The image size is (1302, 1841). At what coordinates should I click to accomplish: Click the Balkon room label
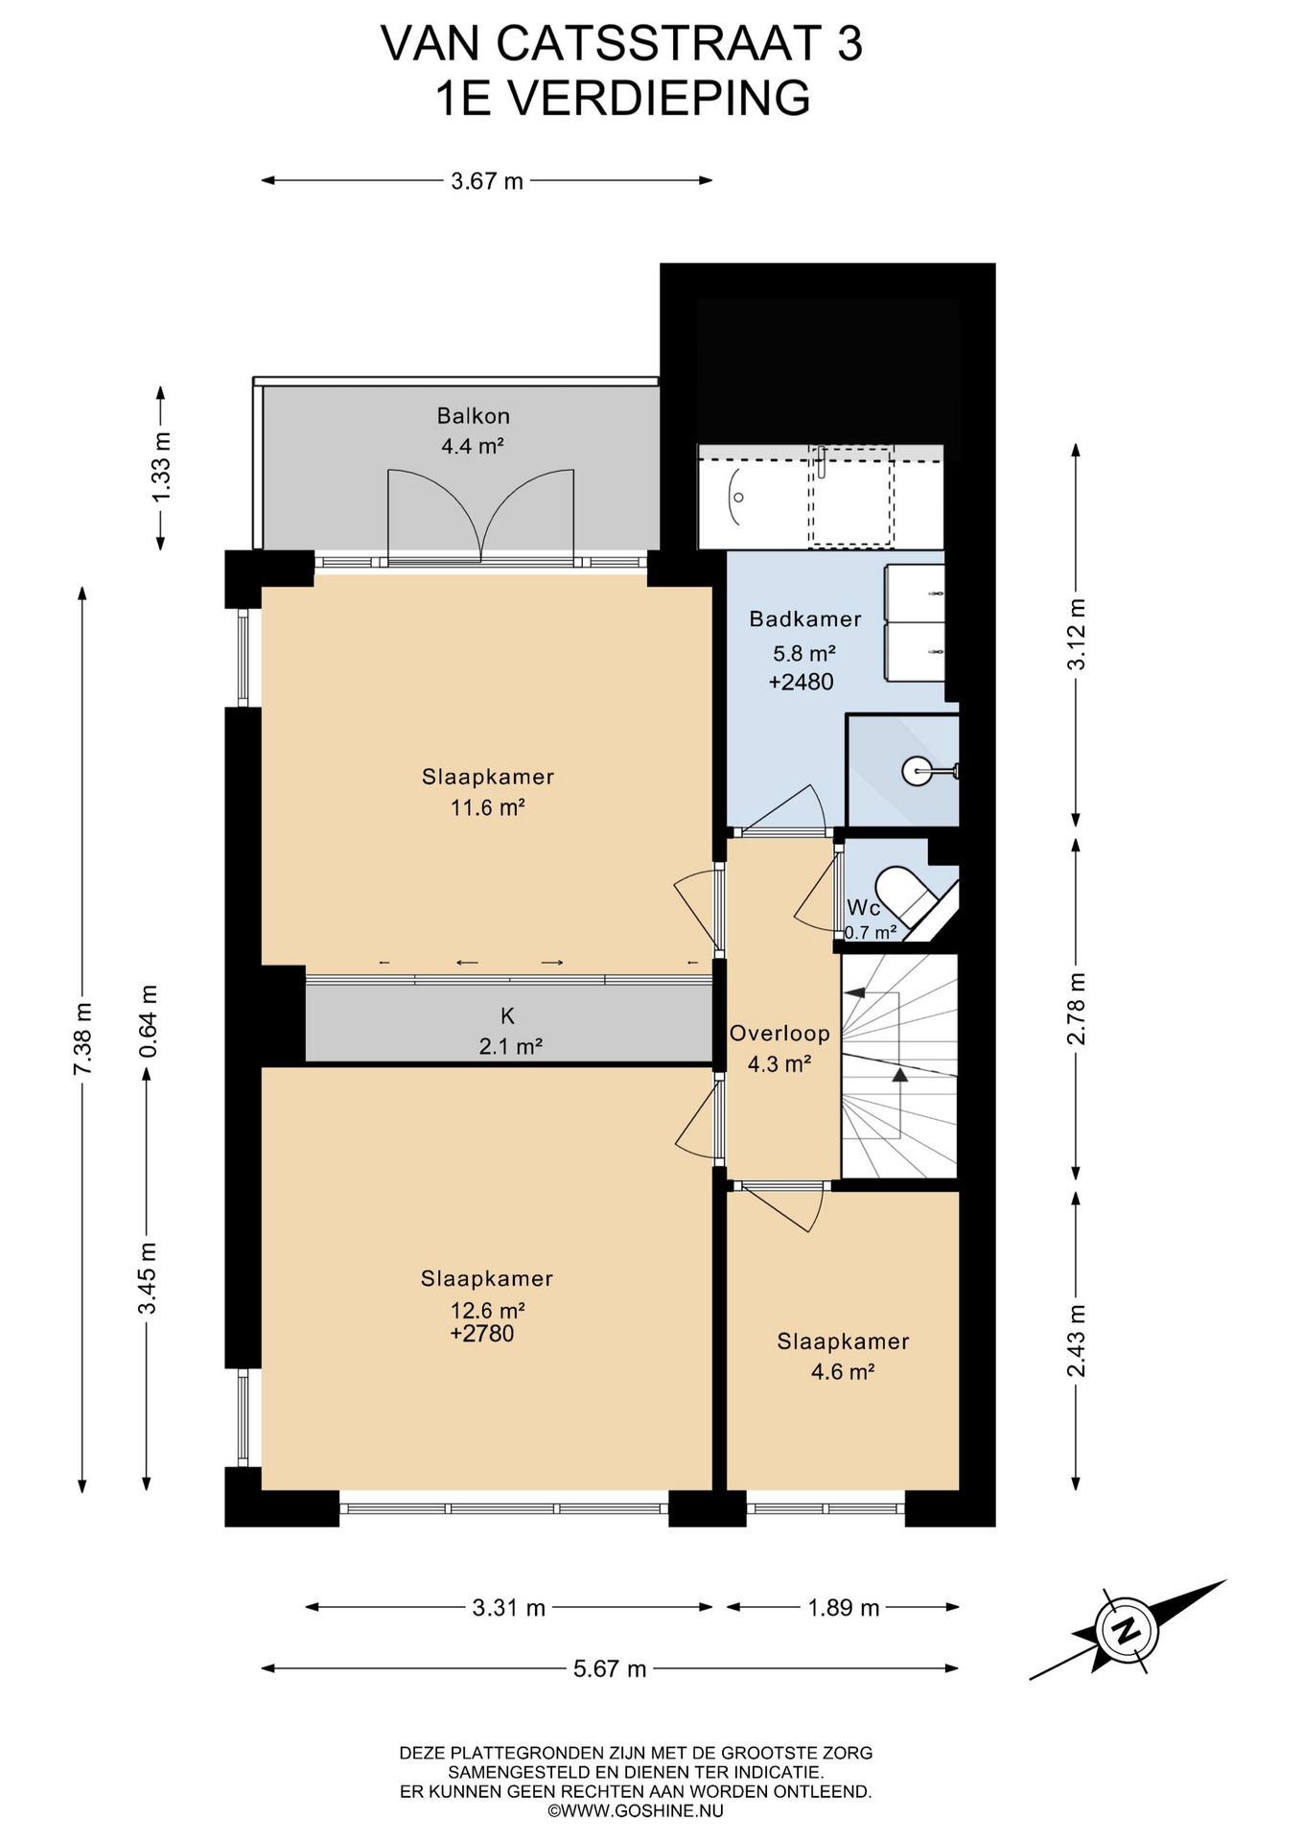pyautogui.click(x=473, y=416)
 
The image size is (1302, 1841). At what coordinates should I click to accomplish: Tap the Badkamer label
pyautogui.click(x=804, y=619)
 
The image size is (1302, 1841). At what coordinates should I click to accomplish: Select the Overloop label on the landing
pyautogui.click(x=779, y=1033)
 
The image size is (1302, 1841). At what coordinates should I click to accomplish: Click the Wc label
pyautogui.click(x=863, y=907)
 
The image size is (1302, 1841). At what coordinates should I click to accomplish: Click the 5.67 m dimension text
pyautogui.click(x=610, y=1668)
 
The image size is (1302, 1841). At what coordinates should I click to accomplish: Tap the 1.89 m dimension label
pyautogui.click(x=844, y=1607)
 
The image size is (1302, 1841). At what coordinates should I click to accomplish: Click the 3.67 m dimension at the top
pyautogui.click(x=487, y=180)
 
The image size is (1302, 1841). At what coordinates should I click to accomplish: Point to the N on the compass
pyautogui.click(x=1128, y=1629)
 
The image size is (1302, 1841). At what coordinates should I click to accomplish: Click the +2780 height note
pyautogui.click(x=482, y=1334)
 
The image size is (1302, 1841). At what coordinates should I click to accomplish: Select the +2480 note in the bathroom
pyautogui.click(x=802, y=682)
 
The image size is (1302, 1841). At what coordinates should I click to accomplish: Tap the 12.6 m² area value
pyautogui.click(x=487, y=1310)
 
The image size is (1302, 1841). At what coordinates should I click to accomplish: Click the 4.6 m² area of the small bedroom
pyautogui.click(x=843, y=1371)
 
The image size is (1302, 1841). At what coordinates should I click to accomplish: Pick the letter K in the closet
pyautogui.click(x=508, y=1015)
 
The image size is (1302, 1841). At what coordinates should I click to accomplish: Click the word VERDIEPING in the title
pyautogui.click(x=659, y=98)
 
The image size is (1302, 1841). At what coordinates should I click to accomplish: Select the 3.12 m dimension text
pyautogui.click(x=1077, y=634)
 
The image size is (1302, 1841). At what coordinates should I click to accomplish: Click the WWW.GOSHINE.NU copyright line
pyautogui.click(x=636, y=1810)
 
